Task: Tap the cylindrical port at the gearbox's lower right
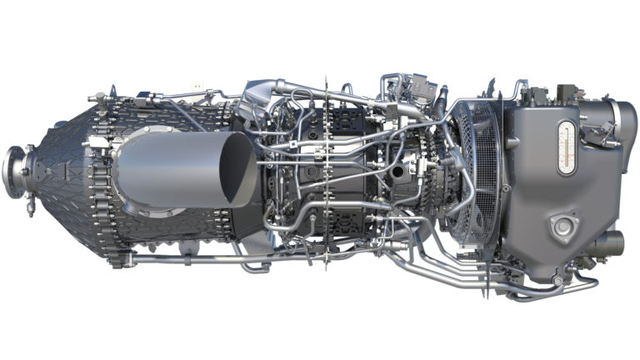[611, 242]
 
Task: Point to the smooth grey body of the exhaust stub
[167, 171]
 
